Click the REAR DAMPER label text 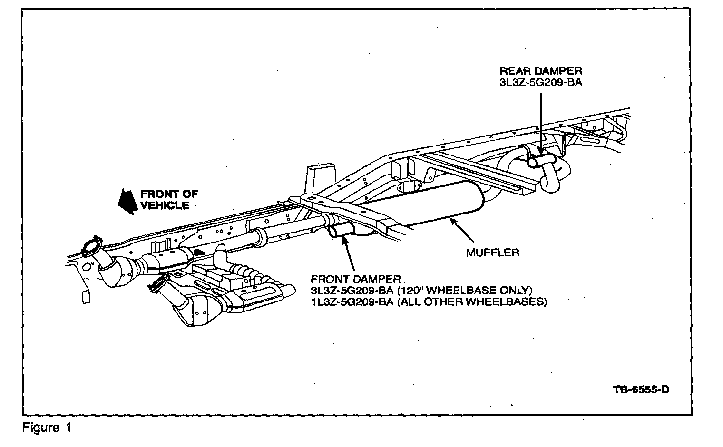pyautogui.click(x=540, y=71)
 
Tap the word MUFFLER pyautogui.click(x=492, y=253)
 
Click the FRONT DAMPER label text pyautogui.click(x=355, y=279)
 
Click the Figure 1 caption pyautogui.click(x=47, y=428)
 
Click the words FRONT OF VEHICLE pyautogui.click(x=166, y=200)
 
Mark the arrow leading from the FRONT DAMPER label pyautogui.click(x=349, y=255)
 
